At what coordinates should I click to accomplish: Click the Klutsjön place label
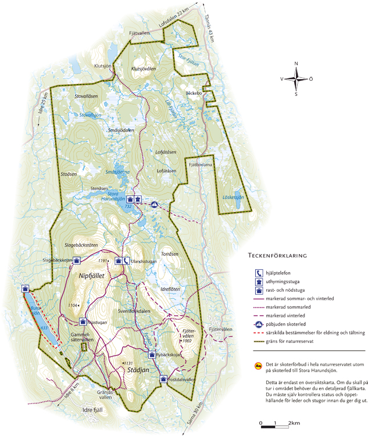(102, 66)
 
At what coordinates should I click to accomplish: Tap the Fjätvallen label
(140, 34)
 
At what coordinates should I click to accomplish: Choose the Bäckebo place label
(193, 93)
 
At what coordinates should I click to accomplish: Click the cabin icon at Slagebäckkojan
(76, 260)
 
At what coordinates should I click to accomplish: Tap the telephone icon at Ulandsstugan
(126, 260)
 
